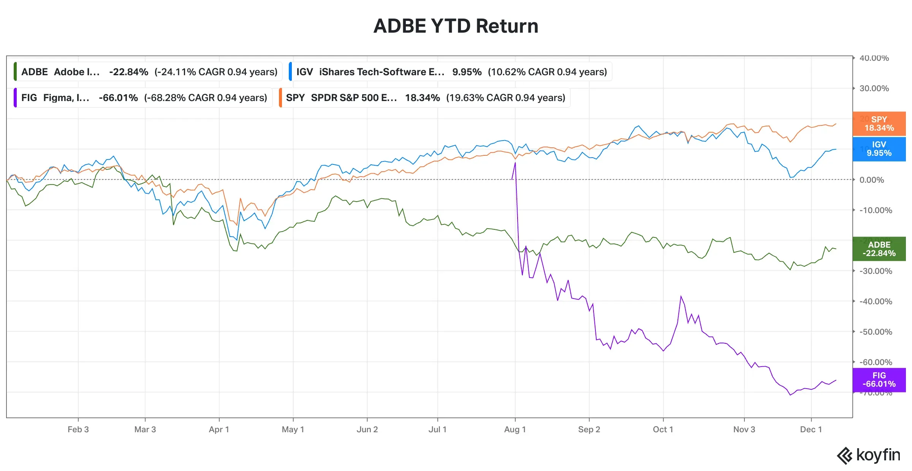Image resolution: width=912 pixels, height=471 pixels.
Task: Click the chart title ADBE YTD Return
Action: coord(456,26)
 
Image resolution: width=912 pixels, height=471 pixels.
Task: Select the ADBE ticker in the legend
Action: coord(35,72)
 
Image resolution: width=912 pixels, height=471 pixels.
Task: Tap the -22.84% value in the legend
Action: coord(128,72)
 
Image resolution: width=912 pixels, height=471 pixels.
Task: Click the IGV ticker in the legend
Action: coord(304,72)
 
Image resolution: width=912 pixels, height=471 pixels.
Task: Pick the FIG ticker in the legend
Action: coord(29,98)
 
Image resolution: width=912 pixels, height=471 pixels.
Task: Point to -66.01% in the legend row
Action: coord(118,98)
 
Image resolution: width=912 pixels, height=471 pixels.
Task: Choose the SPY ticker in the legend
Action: coord(295,98)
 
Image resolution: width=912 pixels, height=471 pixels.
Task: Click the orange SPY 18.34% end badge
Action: coord(879,124)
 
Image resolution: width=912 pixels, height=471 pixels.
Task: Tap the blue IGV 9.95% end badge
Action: coord(879,149)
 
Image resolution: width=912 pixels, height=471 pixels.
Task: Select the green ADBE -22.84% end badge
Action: coord(879,249)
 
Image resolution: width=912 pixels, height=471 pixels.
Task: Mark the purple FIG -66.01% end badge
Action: coord(879,380)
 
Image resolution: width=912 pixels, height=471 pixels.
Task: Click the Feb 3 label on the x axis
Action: coord(78,430)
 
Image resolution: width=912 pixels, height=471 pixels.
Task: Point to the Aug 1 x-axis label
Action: coord(515,430)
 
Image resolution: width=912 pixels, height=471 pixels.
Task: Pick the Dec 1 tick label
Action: coord(811,430)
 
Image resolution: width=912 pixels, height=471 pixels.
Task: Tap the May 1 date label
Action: coord(293,430)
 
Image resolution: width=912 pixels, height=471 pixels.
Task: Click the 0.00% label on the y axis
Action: coord(872,180)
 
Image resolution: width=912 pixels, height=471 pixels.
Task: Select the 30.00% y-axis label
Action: coord(874,89)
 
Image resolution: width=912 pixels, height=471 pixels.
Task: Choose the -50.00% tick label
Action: coord(876,332)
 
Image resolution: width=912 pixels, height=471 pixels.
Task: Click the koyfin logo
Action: coord(869,455)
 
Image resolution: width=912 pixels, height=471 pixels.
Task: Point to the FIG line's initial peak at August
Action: coord(515,163)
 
